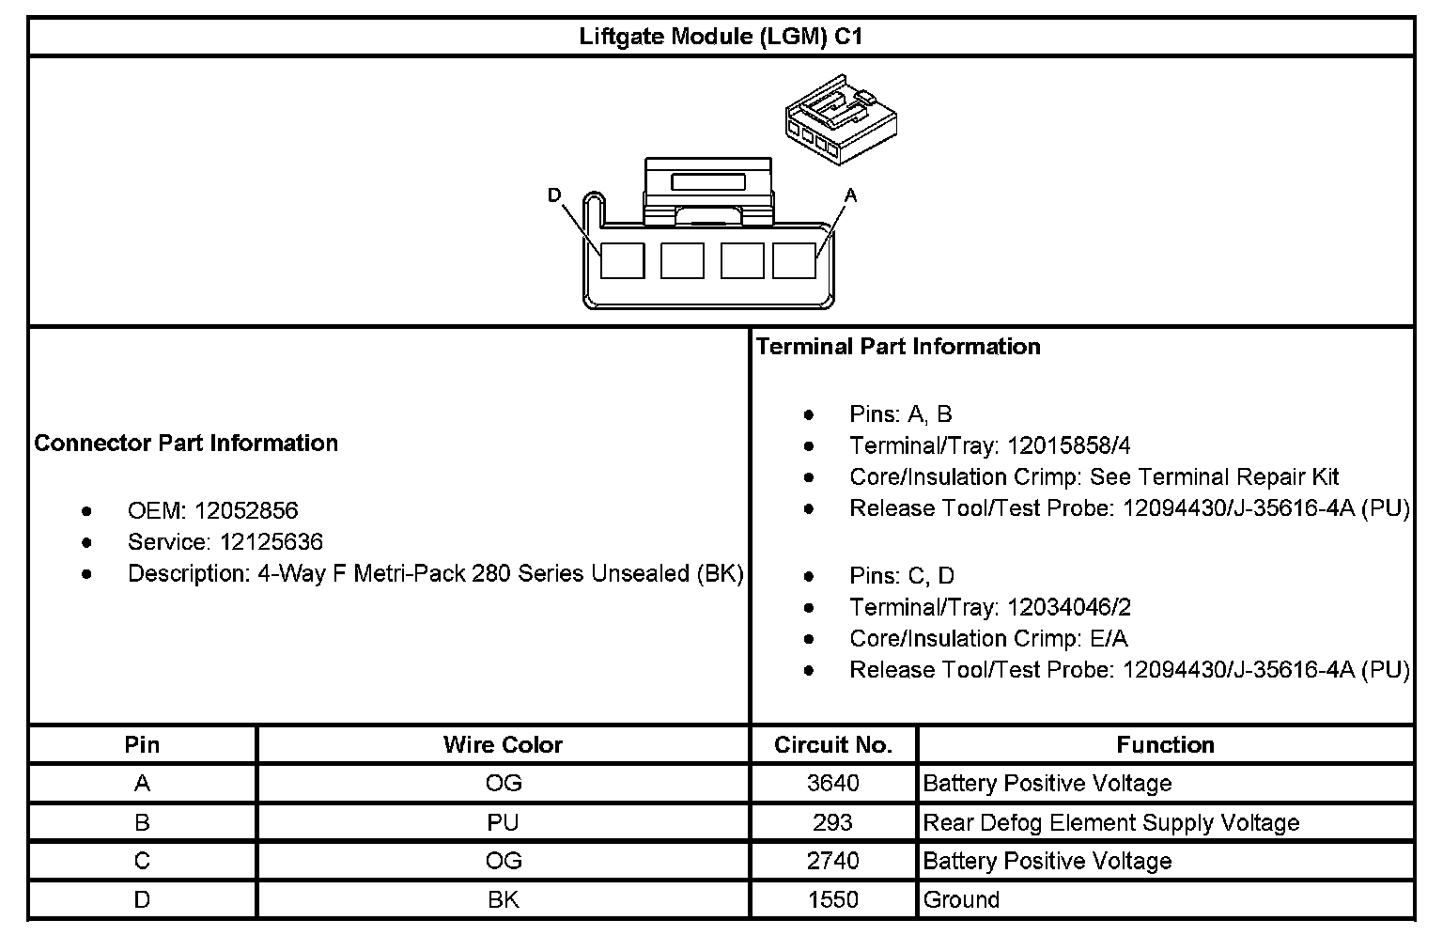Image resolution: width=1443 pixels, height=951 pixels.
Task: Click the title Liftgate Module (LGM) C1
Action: tap(721, 37)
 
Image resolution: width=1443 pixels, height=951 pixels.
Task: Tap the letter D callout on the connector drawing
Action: tap(554, 195)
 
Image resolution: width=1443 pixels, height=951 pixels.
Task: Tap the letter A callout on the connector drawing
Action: tap(850, 195)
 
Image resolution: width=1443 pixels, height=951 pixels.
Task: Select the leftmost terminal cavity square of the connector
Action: tap(622, 260)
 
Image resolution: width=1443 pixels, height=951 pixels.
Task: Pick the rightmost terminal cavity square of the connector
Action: tap(794, 260)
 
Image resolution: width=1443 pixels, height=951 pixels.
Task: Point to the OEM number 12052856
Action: tap(246, 510)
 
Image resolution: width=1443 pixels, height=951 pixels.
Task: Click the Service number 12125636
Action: tap(272, 542)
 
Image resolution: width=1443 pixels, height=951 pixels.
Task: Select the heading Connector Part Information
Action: tap(186, 443)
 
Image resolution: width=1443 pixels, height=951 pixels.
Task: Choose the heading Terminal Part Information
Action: tap(898, 347)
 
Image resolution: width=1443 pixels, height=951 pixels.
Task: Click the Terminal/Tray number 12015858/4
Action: tap(1069, 445)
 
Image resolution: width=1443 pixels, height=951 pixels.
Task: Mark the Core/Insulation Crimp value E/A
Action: tap(1109, 639)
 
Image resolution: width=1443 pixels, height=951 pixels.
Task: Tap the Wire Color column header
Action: tap(503, 745)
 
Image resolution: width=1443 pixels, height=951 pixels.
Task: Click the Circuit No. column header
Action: tap(832, 745)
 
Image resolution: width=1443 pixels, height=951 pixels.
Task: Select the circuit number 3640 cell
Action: tap(832, 784)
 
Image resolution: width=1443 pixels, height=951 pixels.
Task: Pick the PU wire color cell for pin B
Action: tap(503, 823)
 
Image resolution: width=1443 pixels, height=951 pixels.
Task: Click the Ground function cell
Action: tap(961, 900)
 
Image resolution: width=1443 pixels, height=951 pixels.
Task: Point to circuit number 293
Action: tap(832, 823)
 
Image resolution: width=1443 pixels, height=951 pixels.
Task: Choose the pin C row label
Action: tap(142, 861)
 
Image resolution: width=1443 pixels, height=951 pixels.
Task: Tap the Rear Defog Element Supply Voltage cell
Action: tap(1110, 823)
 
